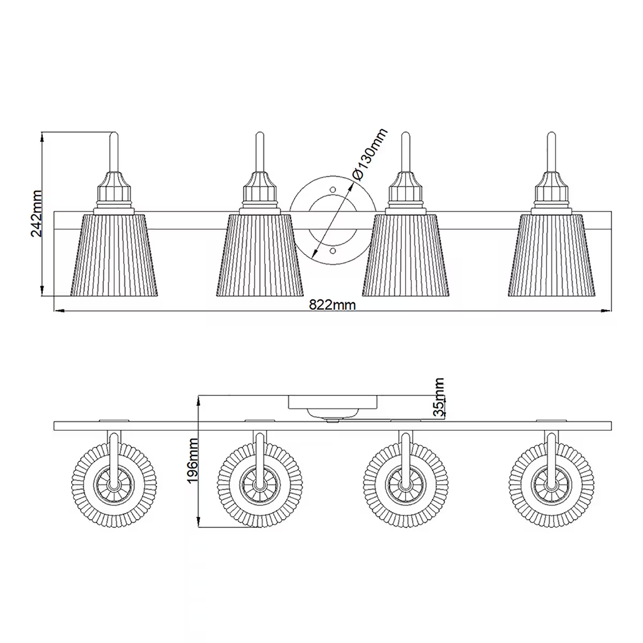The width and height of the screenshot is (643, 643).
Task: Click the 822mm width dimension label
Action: coord(333,305)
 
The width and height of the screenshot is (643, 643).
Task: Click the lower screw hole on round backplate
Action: coord(333,250)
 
